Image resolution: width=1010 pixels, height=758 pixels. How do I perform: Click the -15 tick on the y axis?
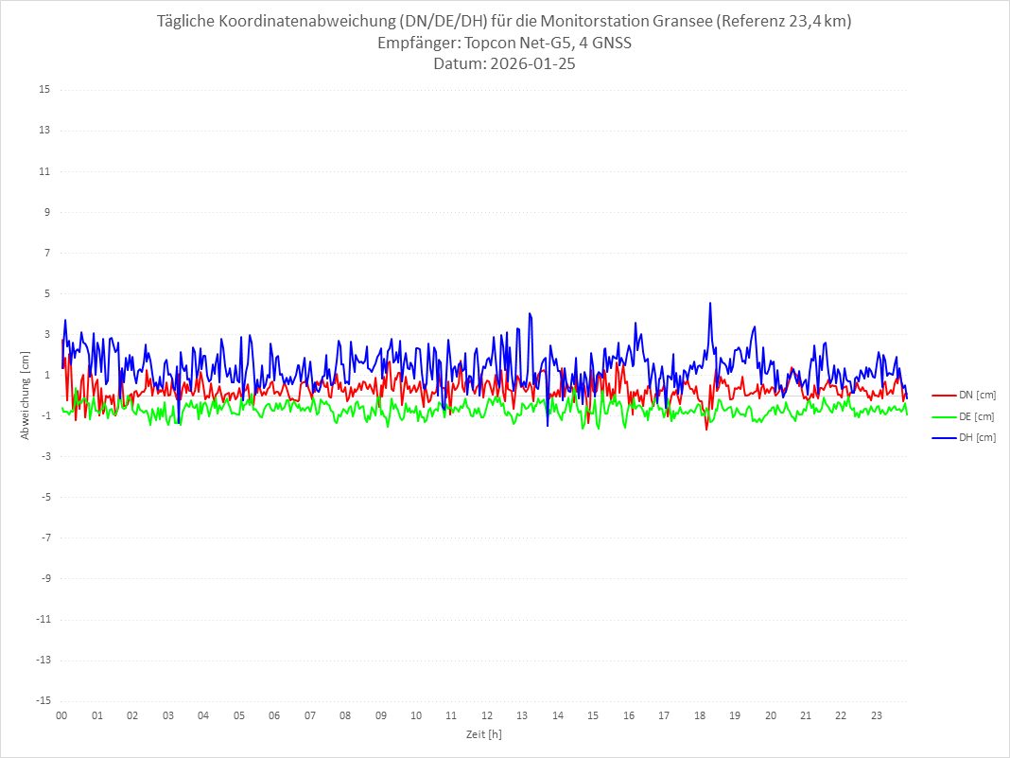(x=43, y=700)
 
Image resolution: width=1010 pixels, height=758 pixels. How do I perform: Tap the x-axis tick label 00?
(x=61, y=715)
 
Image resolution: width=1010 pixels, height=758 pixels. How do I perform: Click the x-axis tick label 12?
(x=487, y=715)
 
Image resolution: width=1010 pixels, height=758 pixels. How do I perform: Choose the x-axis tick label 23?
(x=877, y=715)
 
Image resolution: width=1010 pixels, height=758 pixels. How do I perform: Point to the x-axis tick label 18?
(x=700, y=715)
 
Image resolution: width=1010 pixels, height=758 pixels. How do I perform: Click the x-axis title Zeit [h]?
(x=483, y=734)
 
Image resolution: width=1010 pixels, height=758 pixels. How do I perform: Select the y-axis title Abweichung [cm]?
(x=26, y=395)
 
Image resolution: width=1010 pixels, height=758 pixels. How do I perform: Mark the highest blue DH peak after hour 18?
(x=709, y=303)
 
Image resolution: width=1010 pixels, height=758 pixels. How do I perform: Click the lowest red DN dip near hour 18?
(x=705, y=429)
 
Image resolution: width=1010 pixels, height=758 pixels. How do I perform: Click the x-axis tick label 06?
(x=274, y=715)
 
